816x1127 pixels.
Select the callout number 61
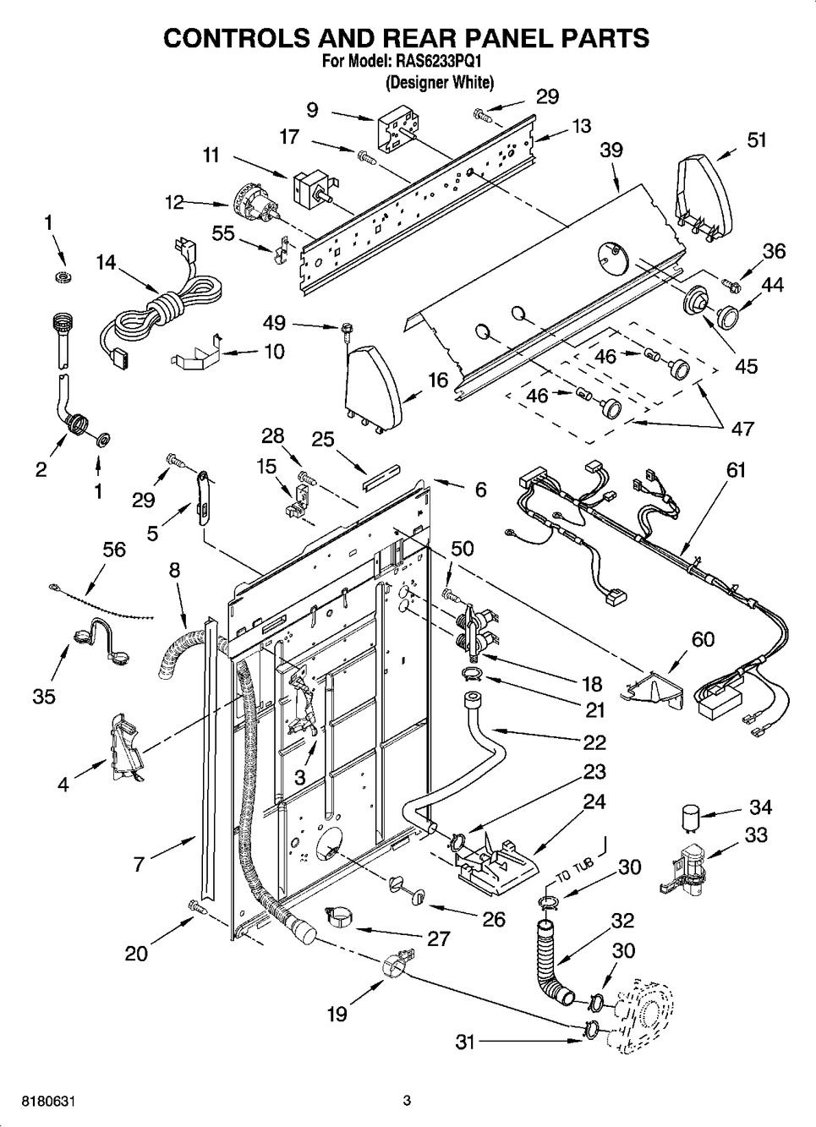click(x=736, y=469)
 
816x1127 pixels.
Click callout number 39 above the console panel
click(x=611, y=150)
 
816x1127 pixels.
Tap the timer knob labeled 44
click(x=725, y=315)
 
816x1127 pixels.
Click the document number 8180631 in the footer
click(x=41, y=1102)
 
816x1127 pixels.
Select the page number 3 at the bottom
click(x=407, y=1101)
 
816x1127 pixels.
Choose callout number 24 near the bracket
click(x=594, y=800)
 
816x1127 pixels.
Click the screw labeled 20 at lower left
click(x=197, y=907)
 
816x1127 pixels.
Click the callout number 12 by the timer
click(x=174, y=202)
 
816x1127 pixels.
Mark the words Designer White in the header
click(x=439, y=83)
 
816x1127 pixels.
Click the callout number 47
click(x=742, y=428)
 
